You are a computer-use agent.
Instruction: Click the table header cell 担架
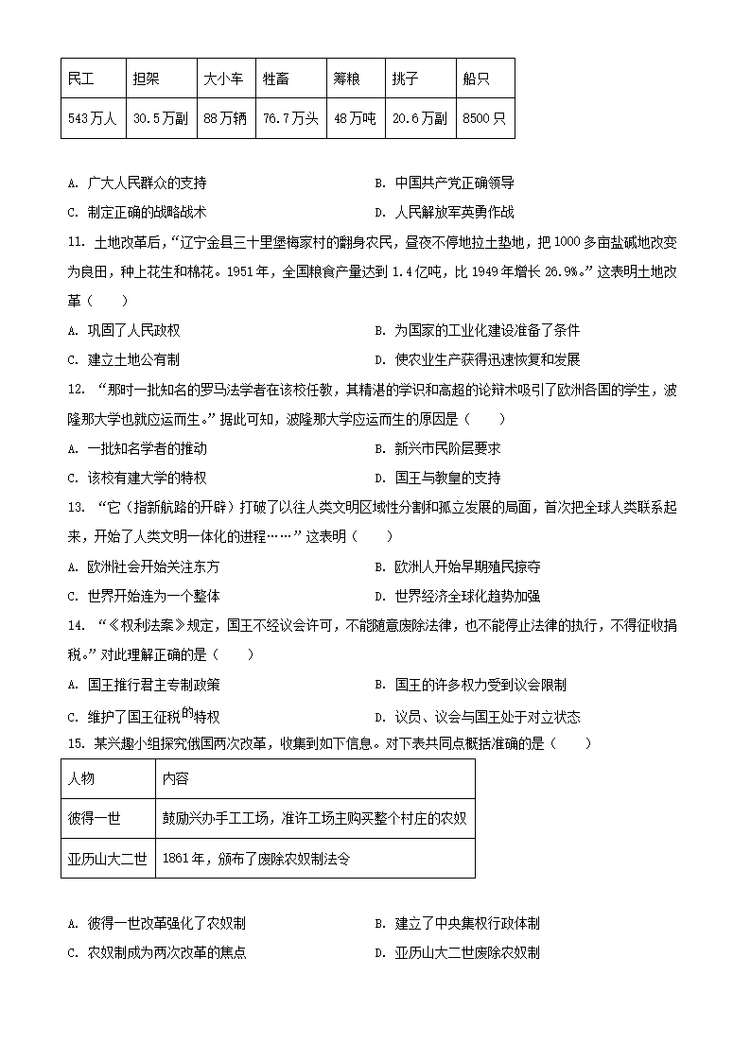(x=147, y=79)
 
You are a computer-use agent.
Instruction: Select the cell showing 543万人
(x=92, y=119)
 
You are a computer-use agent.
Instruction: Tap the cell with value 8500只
(x=484, y=119)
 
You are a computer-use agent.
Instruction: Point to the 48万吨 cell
(x=354, y=119)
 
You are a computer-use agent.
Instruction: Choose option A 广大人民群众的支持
(x=137, y=183)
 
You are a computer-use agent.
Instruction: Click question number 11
(x=77, y=242)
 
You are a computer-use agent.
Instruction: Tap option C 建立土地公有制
(x=124, y=359)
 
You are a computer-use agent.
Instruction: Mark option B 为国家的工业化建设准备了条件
(x=478, y=330)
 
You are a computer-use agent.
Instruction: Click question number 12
(x=77, y=390)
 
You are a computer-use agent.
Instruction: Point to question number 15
(x=77, y=743)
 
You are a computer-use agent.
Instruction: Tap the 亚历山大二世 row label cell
(x=107, y=858)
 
